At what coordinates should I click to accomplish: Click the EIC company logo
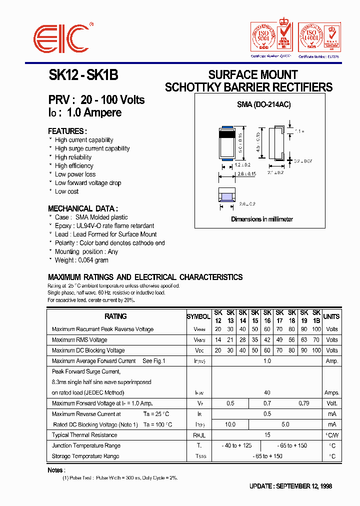point(62,38)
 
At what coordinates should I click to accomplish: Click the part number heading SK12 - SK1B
point(83,75)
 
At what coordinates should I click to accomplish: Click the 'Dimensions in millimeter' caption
point(262,219)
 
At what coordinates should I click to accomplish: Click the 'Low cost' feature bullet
point(66,191)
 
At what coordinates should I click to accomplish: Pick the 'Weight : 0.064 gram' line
point(81,260)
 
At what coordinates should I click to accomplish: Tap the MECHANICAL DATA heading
point(83,208)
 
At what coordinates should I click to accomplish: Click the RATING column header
point(115,316)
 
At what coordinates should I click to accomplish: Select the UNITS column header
point(331,316)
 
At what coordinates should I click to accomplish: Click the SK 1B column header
point(316,316)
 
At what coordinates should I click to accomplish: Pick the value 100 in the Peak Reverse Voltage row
point(316,329)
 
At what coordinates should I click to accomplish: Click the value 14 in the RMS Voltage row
point(218,340)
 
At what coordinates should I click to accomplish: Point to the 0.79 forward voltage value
point(303,403)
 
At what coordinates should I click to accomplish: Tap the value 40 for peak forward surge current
point(267,393)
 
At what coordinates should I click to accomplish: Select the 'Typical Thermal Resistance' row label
point(84,435)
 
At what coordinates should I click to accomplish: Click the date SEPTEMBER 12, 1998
point(303,486)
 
